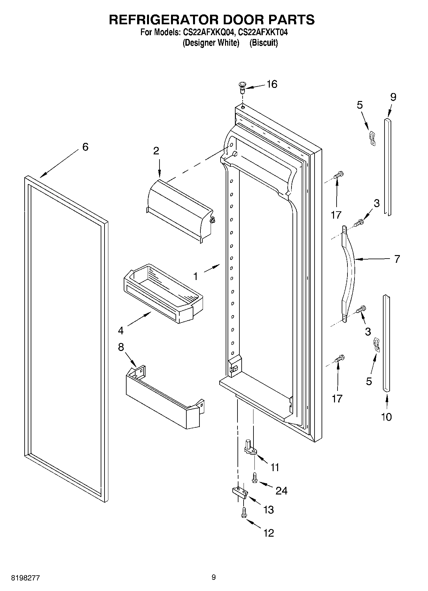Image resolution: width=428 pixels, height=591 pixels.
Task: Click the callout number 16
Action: click(272, 84)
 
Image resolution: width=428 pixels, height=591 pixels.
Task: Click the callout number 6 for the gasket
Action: click(85, 147)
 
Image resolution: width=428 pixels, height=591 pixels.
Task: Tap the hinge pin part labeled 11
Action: click(250, 447)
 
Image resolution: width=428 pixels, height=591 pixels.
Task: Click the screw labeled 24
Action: click(255, 478)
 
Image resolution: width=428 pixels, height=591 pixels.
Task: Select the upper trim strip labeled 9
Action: click(387, 166)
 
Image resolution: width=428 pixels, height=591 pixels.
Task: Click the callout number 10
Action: click(386, 417)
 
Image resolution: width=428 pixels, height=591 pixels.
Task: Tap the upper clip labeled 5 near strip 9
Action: click(372, 137)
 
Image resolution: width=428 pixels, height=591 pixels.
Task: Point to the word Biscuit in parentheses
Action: click(264, 43)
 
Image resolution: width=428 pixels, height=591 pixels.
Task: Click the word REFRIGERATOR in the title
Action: click(163, 19)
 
